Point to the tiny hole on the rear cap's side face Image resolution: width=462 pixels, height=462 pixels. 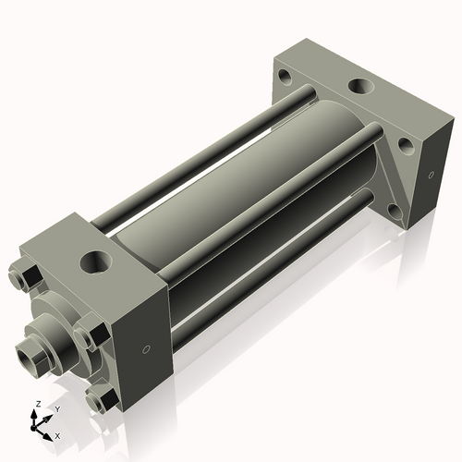pyautogui.click(x=431, y=175)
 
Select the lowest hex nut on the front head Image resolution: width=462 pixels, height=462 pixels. pyautogui.click(x=102, y=399)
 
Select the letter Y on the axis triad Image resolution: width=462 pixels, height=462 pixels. pyautogui.click(x=57, y=409)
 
